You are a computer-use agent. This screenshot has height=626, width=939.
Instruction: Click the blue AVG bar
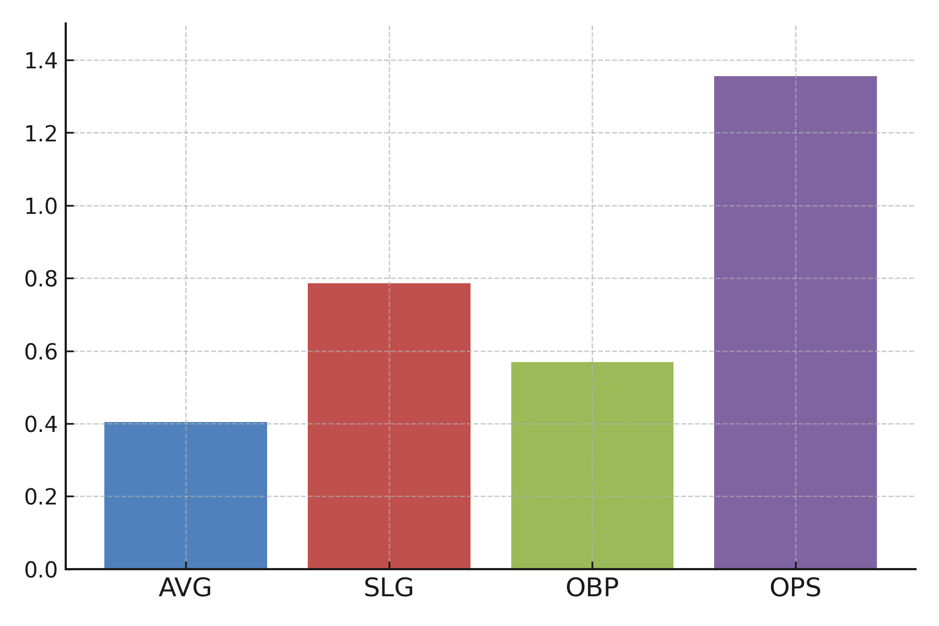pyautogui.click(x=185, y=496)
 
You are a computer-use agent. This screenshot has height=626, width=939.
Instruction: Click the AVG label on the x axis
pyautogui.click(x=185, y=588)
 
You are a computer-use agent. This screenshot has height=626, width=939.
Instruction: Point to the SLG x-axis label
pyautogui.click(x=389, y=588)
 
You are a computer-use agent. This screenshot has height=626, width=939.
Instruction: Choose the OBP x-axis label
pyautogui.click(x=592, y=588)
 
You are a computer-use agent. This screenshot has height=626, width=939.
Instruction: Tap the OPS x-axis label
pyautogui.click(x=795, y=588)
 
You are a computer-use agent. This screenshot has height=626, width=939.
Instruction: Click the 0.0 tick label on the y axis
pyautogui.click(x=41, y=570)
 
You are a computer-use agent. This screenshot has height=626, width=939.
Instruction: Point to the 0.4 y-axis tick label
pyautogui.click(x=41, y=424)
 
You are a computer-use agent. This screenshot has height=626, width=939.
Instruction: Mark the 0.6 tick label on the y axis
pyautogui.click(x=41, y=352)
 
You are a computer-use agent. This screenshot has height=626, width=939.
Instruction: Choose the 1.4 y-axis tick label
pyautogui.click(x=41, y=61)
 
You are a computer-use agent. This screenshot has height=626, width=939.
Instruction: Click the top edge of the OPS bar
pyautogui.click(x=795, y=77)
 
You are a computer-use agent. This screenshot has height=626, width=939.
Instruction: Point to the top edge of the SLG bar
pyautogui.click(x=389, y=284)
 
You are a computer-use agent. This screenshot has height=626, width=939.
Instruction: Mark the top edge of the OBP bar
pyautogui.click(x=592, y=363)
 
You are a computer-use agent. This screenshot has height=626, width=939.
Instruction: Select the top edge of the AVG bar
pyautogui.click(x=185, y=423)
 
